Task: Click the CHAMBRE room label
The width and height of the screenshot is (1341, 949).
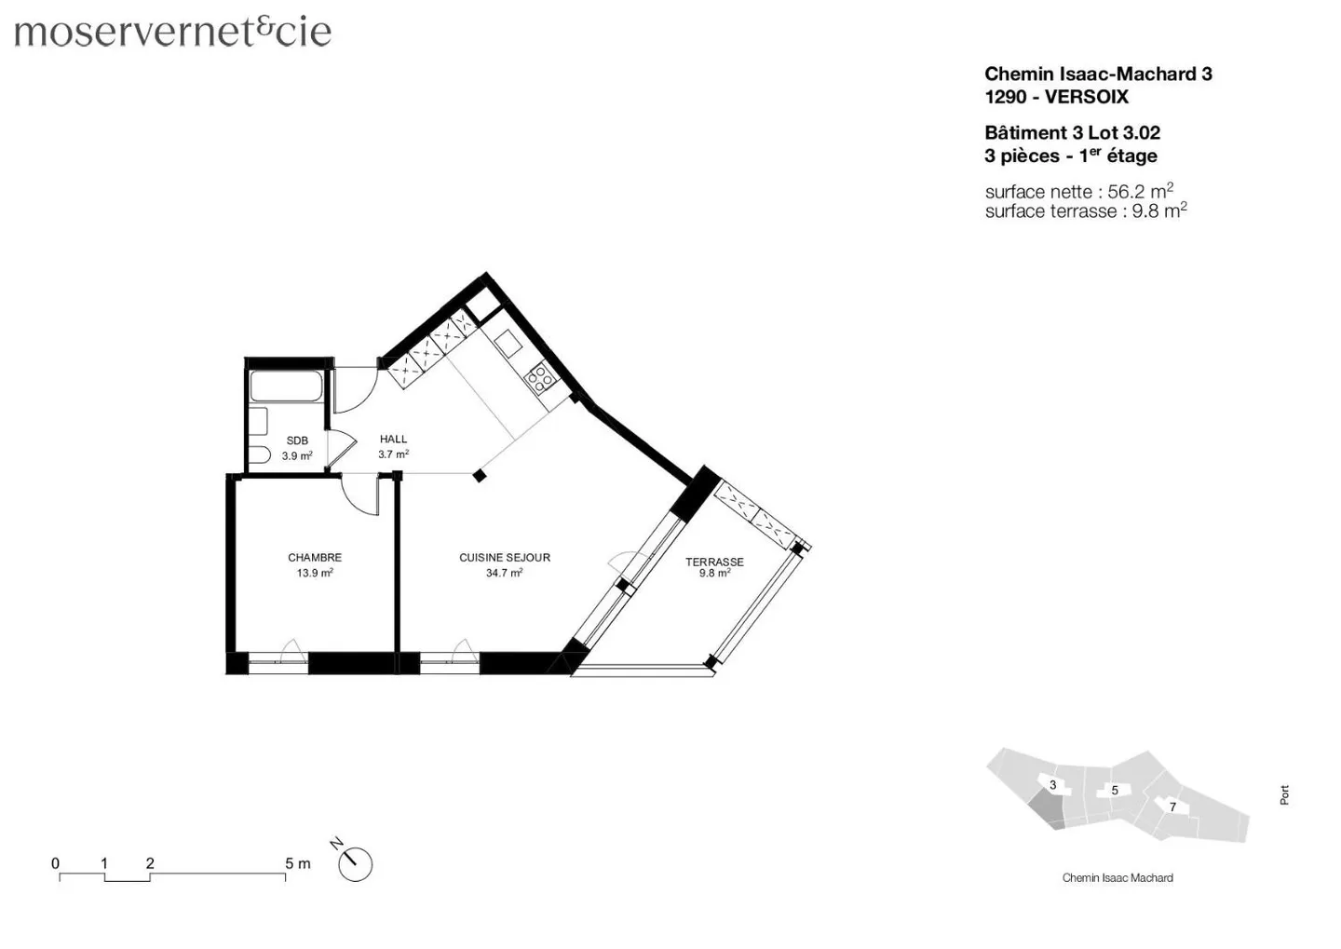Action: point(315,558)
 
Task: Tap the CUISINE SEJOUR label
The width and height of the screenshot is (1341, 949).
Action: point(505,558)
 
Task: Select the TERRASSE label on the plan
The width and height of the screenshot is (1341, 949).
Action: point(714,562)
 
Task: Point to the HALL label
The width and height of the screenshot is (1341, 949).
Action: point(393,439)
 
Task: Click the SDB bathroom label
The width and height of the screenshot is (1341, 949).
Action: point(297,441)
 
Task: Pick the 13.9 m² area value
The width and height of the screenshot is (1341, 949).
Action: point(315,574)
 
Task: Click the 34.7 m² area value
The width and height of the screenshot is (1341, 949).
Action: point(504,574)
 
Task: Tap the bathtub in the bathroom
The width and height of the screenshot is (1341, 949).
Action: point(286,386)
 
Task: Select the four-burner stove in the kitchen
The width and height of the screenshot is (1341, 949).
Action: point(540,378)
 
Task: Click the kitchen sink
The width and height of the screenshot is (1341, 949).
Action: point(508,345)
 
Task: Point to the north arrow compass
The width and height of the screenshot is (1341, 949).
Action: point(353,863)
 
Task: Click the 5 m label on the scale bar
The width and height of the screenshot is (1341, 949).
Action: point(297,863)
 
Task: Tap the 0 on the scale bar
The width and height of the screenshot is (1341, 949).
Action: point(56,863)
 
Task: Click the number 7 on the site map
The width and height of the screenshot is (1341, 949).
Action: point(1172,807)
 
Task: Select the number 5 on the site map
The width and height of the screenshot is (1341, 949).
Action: point(1115,791)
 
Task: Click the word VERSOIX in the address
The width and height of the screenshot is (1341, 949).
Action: point(1086,97)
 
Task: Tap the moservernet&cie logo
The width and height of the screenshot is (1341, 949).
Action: point(173,32)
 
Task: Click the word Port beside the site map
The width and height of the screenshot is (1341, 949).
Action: point(1284,795)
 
